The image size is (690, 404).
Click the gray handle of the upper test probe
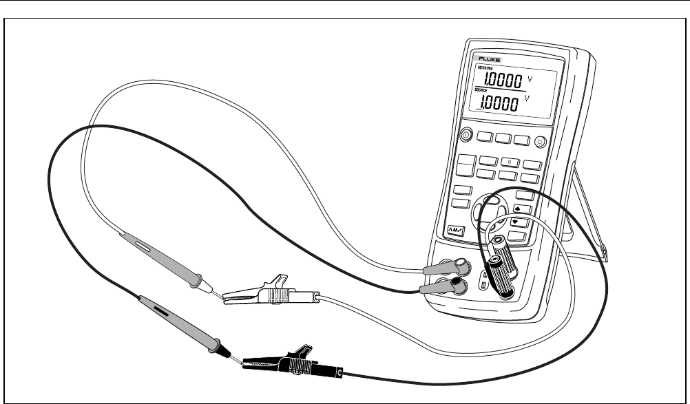[158, 255]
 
